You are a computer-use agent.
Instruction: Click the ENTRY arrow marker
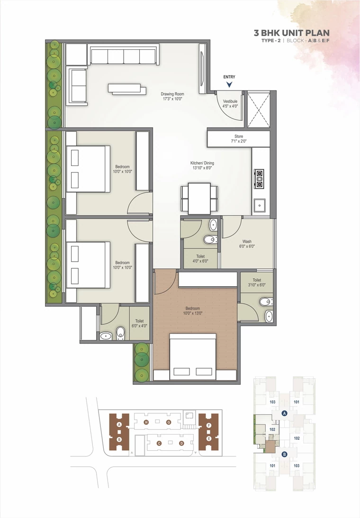229,84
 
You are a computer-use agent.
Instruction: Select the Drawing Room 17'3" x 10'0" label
172,97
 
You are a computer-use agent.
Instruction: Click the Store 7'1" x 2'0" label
239,139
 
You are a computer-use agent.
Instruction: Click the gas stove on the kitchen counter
259,179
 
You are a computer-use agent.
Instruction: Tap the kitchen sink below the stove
260,206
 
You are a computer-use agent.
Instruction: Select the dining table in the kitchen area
199,199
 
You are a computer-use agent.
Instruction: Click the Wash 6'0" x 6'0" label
247,244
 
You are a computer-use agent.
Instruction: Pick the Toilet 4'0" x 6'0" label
200,258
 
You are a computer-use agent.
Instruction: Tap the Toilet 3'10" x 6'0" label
257,282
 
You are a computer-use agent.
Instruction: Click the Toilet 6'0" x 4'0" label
139,323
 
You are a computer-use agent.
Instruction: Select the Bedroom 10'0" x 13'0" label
192,310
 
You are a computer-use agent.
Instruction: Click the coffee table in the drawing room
127,89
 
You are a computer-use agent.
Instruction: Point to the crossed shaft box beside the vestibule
259,109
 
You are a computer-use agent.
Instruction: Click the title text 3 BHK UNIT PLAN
292,33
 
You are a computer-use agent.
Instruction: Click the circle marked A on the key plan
284,413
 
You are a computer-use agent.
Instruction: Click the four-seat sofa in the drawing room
123,55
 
